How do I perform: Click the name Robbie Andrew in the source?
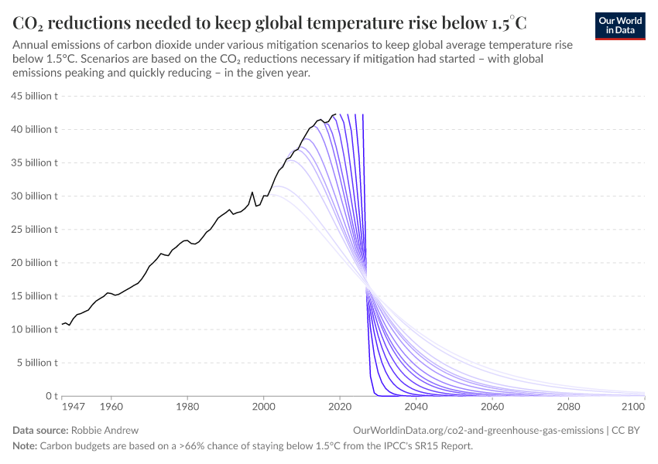pos(105,430)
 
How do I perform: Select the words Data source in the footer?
pos(39,430)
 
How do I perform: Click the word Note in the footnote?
pos(24,446)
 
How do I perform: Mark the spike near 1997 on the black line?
pos(252,192)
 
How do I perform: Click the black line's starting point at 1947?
pos(62,324)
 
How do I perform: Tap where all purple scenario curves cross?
pos(368,288)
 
